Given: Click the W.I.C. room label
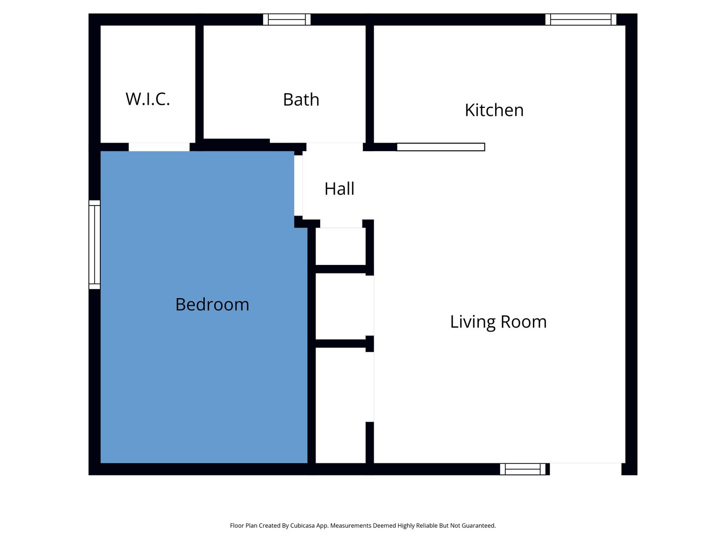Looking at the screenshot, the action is (x=148, y=99).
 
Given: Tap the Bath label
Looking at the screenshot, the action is (x=301, y=99).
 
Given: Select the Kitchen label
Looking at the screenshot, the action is (x=494, y=110).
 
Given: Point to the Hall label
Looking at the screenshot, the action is (x=339, y=188).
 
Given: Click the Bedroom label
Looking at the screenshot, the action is (x=212, y=304).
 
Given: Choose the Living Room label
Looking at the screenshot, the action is (x=498, y=322).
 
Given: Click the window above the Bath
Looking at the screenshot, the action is (x=287, y=20).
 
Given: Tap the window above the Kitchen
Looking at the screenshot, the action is (x=580, y=20).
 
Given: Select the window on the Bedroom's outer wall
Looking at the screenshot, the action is (x=95, y=245).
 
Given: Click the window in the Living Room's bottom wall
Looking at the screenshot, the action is (x=523, y=469).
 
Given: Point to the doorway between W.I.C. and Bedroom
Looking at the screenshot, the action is (x=159, y=147).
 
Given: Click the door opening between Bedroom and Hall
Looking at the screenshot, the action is (x=298, y=186).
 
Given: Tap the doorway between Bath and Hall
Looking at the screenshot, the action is (x=334, y=147).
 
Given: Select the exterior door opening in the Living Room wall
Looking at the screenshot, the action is (x=586, y=469).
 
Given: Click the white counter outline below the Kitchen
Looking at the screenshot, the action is (x=441, y=147).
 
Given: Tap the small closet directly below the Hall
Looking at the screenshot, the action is (x=341, y=246).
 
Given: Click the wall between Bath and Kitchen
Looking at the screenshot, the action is (x=370, y=84).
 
